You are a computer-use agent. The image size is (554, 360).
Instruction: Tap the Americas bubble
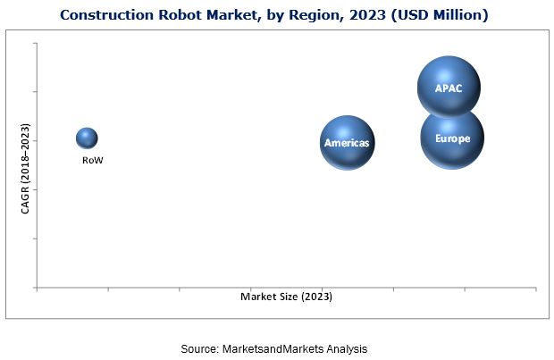[348, 143]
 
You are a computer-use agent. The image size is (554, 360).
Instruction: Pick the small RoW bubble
[87, 138]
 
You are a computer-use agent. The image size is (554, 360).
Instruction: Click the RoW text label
[92, 161]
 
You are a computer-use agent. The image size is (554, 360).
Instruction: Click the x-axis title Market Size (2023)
[292, 296]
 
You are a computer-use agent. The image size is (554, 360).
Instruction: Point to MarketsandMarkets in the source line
[283, 348]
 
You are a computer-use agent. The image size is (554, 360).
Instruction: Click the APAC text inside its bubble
[449, 89]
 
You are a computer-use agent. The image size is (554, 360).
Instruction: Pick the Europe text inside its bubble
[452, 138]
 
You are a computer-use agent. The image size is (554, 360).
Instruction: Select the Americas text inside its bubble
[348, 143]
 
